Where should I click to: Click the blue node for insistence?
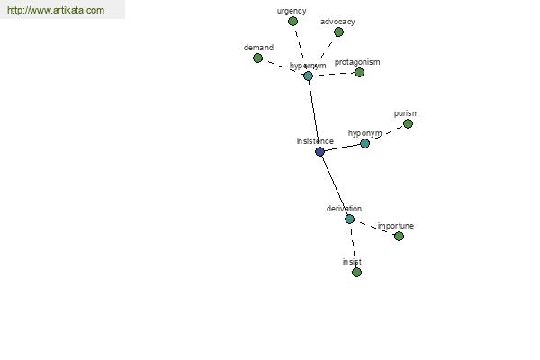pos(319,151)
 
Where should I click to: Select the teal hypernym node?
pos(308,76)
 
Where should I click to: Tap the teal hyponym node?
pos(365,143)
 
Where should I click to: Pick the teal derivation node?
pos(349,219)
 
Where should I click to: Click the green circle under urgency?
pos(292,22)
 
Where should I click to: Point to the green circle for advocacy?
pos(338,32)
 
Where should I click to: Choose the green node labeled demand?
pos(257,58)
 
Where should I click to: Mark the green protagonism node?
pos(359,73)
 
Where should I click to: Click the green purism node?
pos(408,123)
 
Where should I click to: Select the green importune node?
pos(399,237)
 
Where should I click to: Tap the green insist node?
pos(356,273)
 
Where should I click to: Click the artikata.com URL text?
pos(56,10)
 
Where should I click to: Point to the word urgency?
pos(292,11)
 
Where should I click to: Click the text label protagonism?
pos(357,62)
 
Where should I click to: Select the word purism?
pos(407,113)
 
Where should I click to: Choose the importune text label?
pos(396,226)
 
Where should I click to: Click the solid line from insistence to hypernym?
pos(314,113)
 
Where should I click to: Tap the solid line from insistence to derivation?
pos(335,185)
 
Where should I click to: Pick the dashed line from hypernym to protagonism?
pos(334,74)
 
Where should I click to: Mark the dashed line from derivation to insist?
pos(353,246)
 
